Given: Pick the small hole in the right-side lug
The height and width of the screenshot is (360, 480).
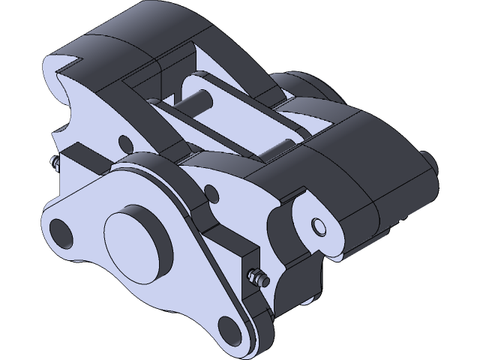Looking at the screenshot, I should [x=319, y=226].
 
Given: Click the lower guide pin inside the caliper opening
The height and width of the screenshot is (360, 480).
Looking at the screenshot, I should [x=281, y=145].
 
